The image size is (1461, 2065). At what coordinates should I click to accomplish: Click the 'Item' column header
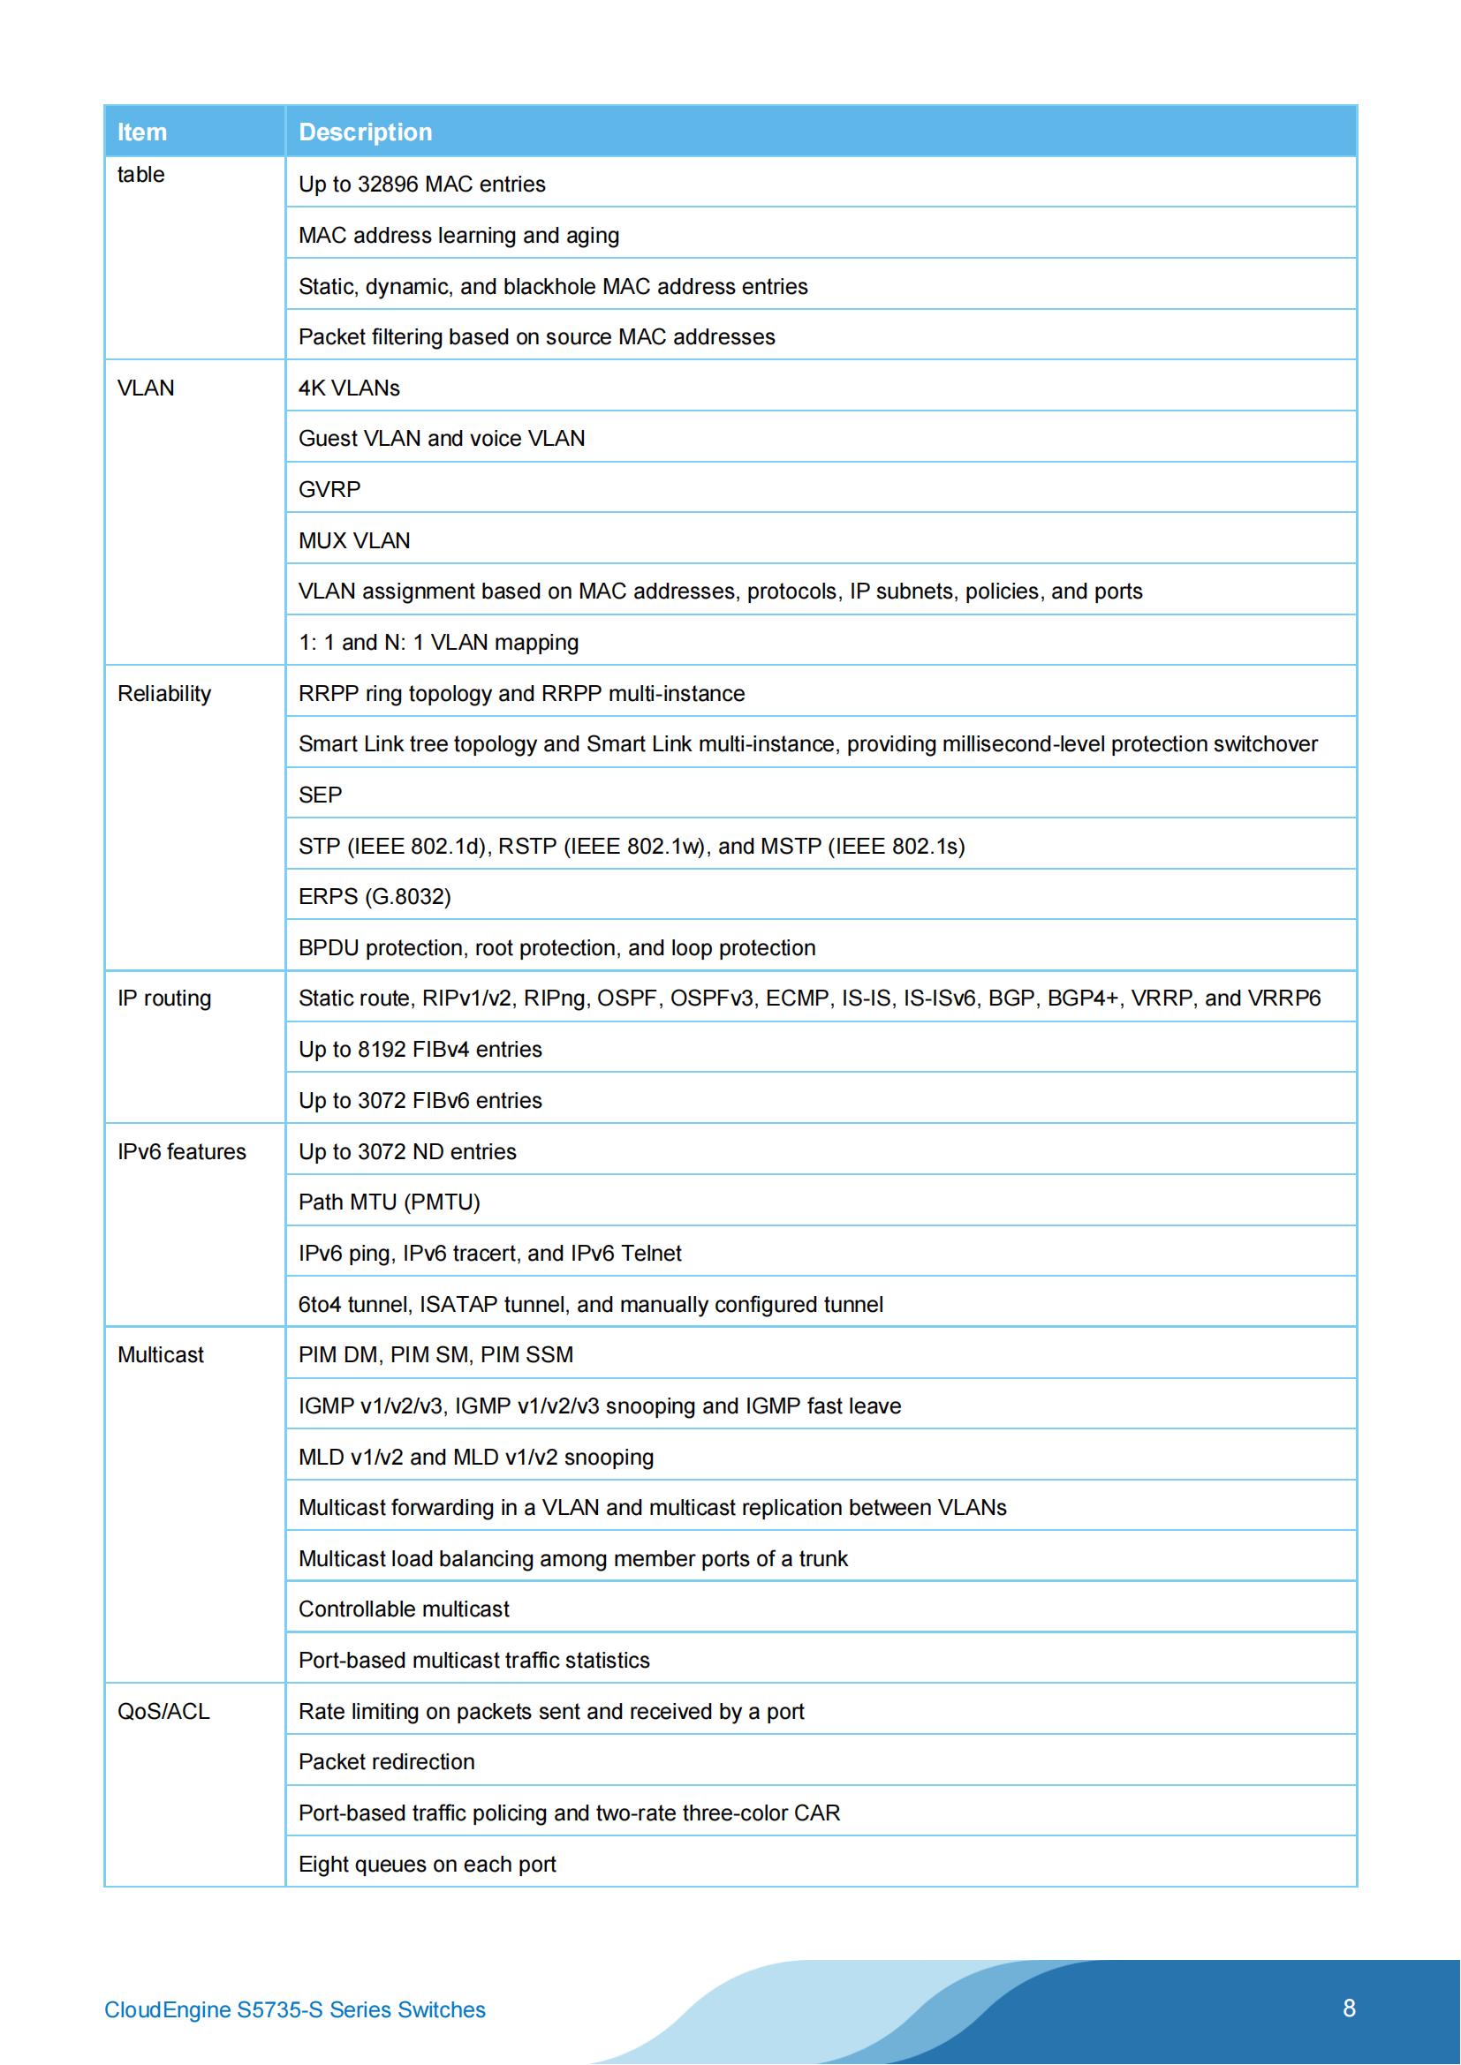(x=142, y=132)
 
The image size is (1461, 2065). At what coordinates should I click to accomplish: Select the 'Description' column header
(x=366, y=132)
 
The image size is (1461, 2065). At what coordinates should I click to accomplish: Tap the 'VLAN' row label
(x=146, y=388)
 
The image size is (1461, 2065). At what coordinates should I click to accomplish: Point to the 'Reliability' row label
(x=163, y=693)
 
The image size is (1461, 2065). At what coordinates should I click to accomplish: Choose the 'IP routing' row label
(x=163, y=999)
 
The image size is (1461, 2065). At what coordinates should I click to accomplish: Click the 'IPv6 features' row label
(x=181, y=1151)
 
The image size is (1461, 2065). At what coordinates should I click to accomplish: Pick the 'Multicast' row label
(x=160, y=1354)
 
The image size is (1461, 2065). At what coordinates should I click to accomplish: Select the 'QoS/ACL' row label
(x=163, y=1711)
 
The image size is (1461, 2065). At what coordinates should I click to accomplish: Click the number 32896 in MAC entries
(x=388, y=185)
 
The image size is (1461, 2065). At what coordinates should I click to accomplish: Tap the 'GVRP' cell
(x=329, y=489)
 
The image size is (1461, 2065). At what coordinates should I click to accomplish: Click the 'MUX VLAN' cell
(x=353, y=540)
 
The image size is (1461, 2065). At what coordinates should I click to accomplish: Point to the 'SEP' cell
(x=321, y=795)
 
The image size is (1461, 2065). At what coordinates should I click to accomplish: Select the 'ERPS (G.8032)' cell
(x=375, y=897)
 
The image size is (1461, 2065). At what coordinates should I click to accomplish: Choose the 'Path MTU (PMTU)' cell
(x=389, y=1202)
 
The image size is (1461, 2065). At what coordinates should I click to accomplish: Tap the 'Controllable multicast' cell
(x=403, y=1609)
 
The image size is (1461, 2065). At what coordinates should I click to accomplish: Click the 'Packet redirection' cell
(x=386, y=1762)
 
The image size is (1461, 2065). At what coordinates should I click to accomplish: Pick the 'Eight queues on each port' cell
(x=427, y=1864)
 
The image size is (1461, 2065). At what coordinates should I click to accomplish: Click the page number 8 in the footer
(x=1349, y=2008)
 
